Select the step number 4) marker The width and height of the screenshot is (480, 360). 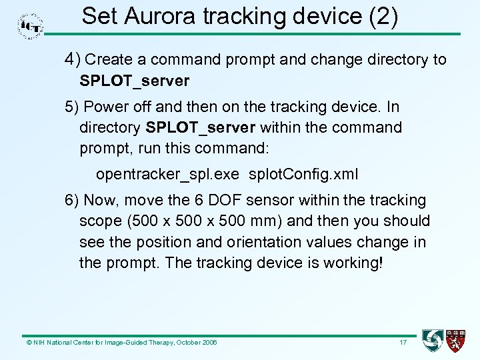point(72,59)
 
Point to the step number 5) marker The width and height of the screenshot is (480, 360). point(72,107)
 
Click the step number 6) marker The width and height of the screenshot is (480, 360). point(72,200)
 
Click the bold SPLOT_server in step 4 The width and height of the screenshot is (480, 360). point(134,81)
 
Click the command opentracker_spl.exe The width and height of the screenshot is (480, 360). point(167,175)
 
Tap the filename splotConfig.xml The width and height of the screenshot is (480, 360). point(303,175)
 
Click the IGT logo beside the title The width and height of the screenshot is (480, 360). point(31,25)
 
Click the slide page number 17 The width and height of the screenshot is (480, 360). point(403,343)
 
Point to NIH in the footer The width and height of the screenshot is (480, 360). point(38,343)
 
